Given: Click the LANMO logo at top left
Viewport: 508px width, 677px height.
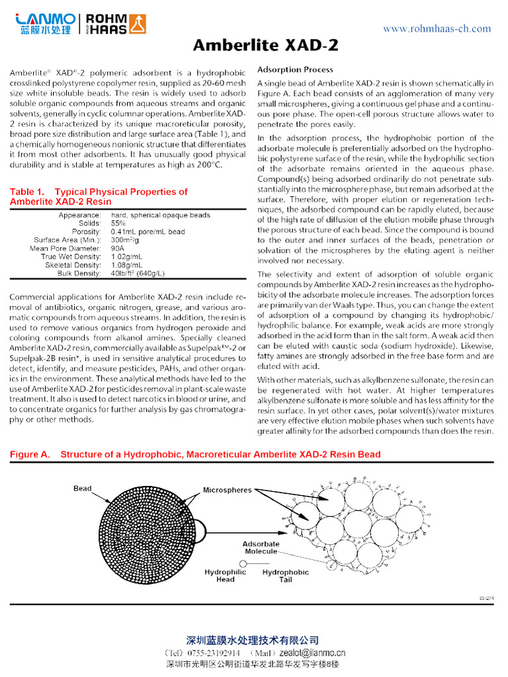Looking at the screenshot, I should coord(43,24).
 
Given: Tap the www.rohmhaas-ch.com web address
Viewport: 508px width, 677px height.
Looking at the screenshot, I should coord(437,28).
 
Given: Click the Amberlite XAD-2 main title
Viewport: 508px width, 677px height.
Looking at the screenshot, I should coord(265,45).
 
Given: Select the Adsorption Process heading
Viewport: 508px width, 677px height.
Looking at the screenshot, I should coord(295,69).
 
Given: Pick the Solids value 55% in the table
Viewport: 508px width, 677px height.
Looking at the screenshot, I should coord(119,223).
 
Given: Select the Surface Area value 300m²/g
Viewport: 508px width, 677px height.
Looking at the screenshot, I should coord(125,240).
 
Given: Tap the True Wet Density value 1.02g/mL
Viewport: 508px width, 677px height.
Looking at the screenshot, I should coord(127,257).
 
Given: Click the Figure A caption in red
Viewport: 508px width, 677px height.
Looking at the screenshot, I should coord(195,454).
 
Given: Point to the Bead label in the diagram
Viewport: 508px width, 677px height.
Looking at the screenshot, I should coord(83,489).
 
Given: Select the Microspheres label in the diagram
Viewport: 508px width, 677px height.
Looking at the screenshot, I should coord(227,491).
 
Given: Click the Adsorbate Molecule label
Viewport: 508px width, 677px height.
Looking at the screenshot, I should coord(261,547).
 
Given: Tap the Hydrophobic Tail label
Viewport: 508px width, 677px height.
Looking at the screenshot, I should coord(285,575).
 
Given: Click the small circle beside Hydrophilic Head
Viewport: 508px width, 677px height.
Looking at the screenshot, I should coord(243,563).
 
